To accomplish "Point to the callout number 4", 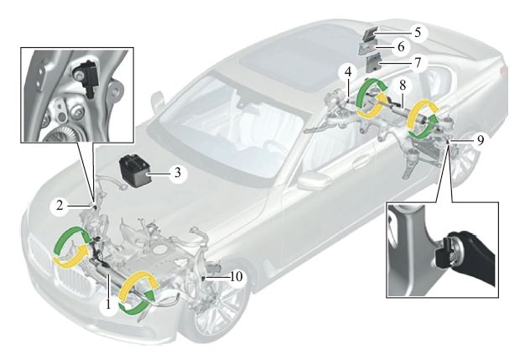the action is [347, 73].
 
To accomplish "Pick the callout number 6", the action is [424, 49].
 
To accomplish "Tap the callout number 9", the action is [478, 140].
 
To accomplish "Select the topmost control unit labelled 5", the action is [372, 33].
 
